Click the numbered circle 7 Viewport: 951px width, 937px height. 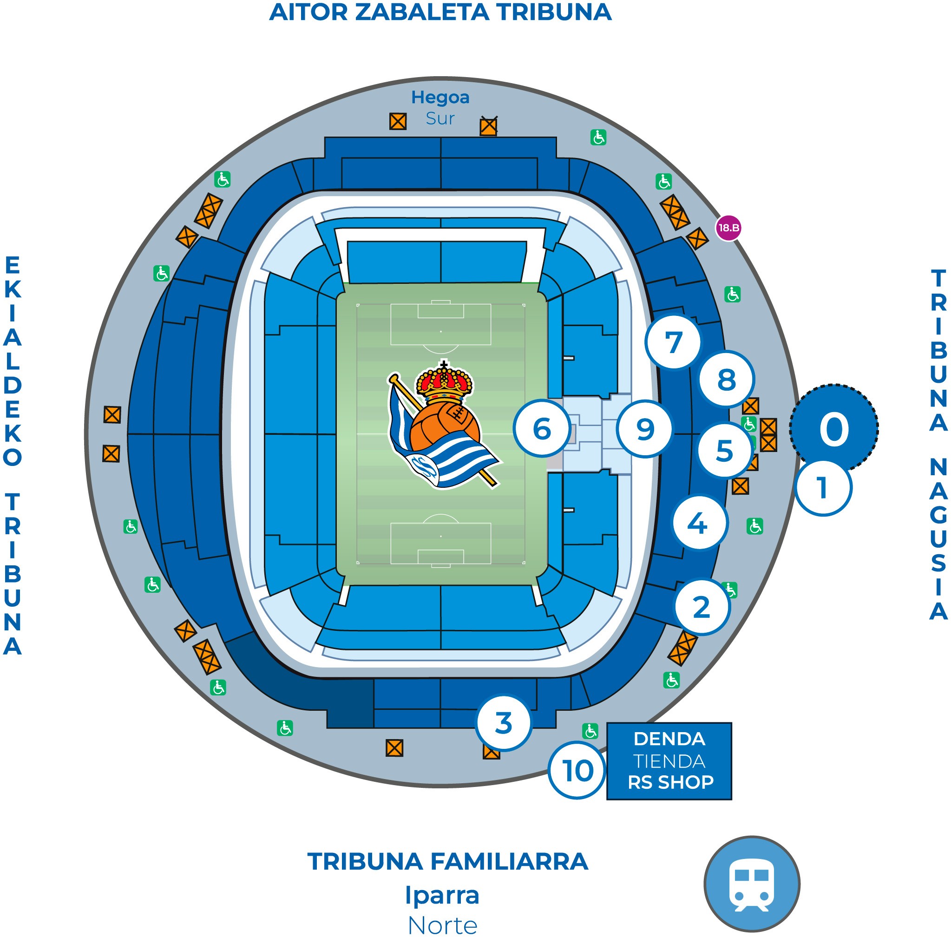[x=673, y=342]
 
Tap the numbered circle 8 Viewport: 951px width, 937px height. [x=727, y=380]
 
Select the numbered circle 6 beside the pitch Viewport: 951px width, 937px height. [x=542, y=429]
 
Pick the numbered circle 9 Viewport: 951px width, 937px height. [x=645, y=429]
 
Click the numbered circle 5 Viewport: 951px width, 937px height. [x=724, y=451]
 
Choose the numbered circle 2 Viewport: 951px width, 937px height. [x=702, y=607]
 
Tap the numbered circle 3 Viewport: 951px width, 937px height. [x=504, y=723]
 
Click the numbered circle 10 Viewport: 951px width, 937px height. [x=577, y=771]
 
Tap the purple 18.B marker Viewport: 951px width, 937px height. [x=728, y=228]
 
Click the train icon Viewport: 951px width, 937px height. [x=752, y=885]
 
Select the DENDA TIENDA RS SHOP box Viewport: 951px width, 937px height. [x=669, y=761]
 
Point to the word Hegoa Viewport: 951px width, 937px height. [x=440, y=98]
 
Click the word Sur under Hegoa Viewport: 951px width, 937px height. [x=440, y=118]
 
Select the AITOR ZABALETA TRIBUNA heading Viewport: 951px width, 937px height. [x=440, y=12]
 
